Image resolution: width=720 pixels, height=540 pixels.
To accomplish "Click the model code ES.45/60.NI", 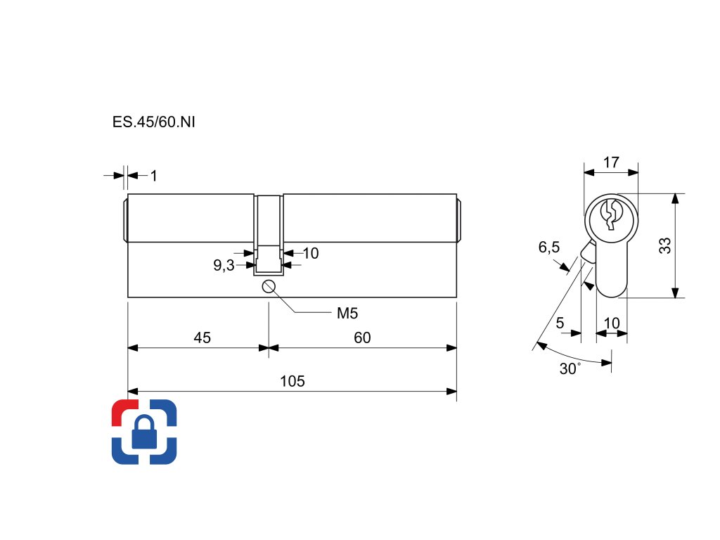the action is (153, 122).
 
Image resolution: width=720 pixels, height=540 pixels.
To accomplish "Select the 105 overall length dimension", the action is (292, 382).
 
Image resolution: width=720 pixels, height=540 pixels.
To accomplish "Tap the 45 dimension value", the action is (202, 338).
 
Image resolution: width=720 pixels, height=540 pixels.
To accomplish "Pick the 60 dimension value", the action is (362, 338).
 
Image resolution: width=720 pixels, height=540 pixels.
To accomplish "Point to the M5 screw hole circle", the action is (269, 286).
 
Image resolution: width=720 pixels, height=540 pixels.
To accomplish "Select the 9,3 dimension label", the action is (224, 266).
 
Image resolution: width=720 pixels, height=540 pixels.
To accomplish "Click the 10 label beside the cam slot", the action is (310, 253).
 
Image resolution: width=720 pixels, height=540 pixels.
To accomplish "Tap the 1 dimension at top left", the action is (154, 176).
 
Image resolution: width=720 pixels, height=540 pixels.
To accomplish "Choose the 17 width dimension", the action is (611, 162).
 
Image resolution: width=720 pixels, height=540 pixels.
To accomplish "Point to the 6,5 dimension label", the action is (549, 247).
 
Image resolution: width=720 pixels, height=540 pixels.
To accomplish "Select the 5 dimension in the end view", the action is (560, 323).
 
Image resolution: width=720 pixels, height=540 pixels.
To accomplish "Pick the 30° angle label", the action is (570, 369).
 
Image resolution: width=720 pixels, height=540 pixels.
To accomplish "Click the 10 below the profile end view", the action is (612, 323).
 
